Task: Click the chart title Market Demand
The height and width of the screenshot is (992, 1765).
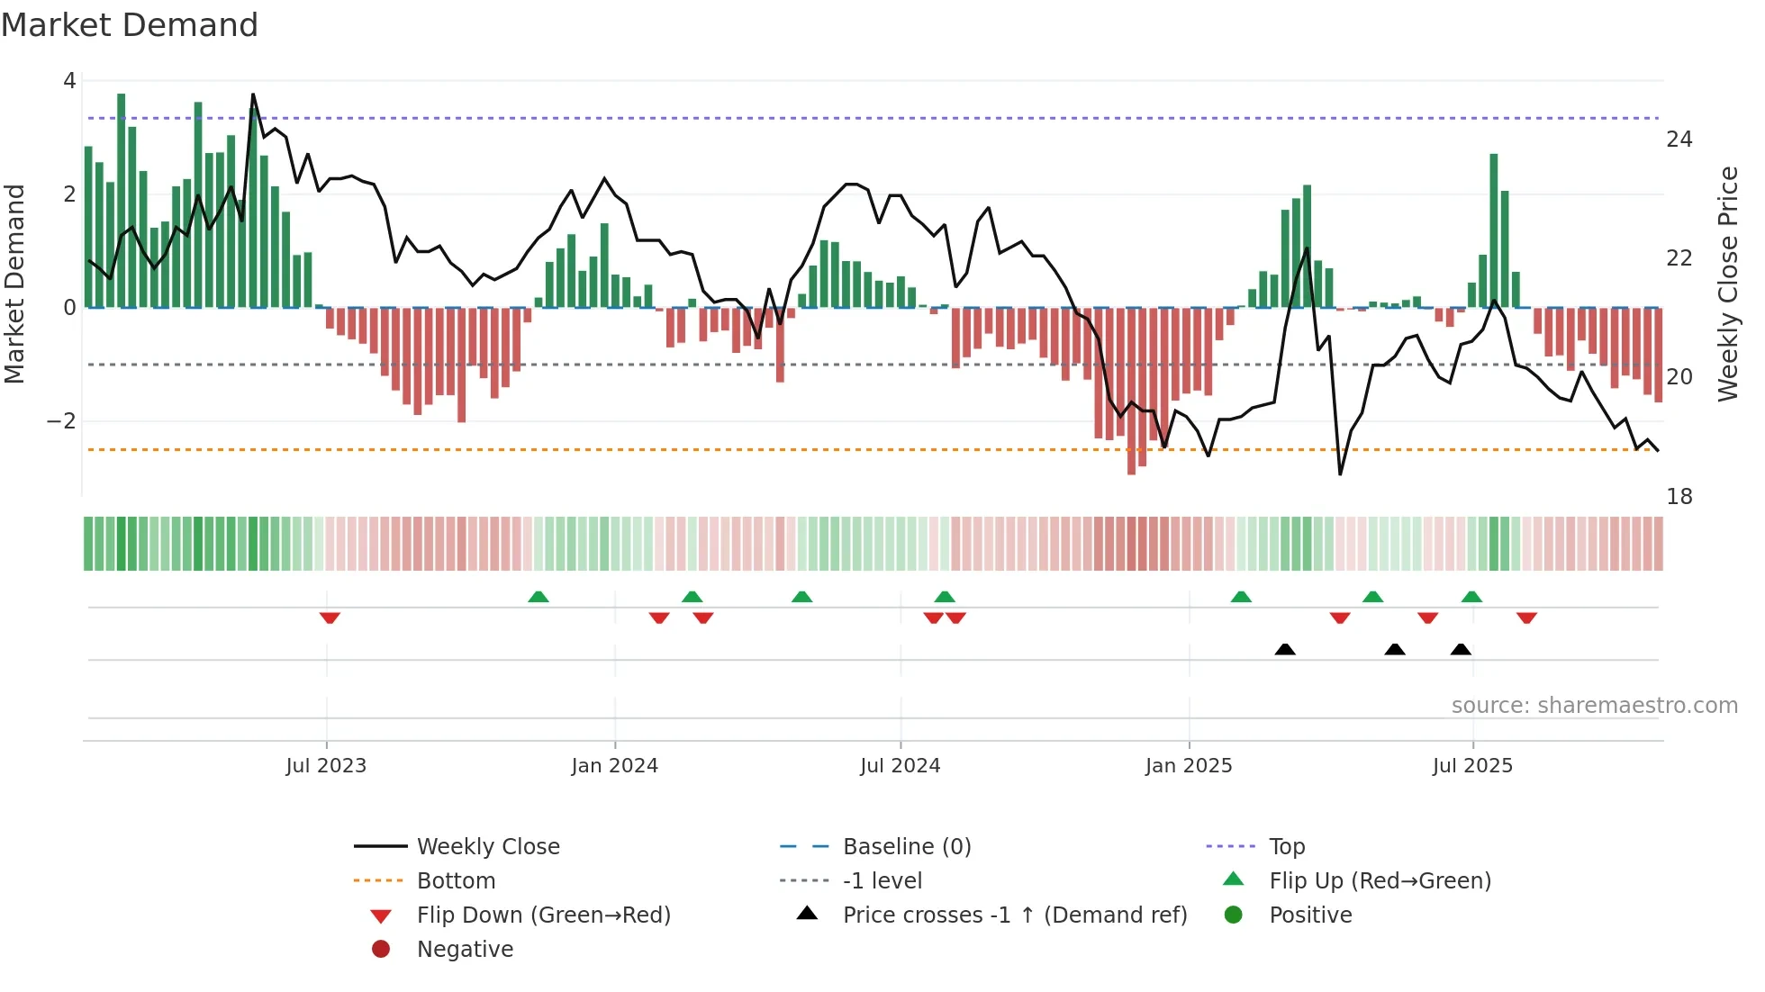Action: point(130,25)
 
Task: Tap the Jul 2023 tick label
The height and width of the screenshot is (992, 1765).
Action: point(326,766)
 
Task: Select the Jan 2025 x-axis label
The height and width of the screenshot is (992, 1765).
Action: point(1188,766)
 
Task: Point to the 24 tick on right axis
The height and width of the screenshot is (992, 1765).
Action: point(1679,140)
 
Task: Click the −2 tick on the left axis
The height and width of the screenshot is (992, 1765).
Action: point(61,421)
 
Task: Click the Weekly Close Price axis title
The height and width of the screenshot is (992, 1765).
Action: point(1727,284)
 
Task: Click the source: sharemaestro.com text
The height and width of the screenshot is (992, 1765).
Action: point(1594,706)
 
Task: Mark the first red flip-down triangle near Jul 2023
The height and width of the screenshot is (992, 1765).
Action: point(330,618)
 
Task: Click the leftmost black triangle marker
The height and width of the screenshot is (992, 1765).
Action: point(1285,649)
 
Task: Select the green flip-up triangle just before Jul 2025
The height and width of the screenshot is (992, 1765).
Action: point(1471,597)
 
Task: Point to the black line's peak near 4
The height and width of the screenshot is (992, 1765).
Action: point(253,95)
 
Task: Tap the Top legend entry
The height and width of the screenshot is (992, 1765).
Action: point(1287,847)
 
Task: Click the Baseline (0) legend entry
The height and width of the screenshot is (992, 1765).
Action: point(906,847)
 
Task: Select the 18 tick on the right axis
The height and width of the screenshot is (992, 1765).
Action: point(1679,497)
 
